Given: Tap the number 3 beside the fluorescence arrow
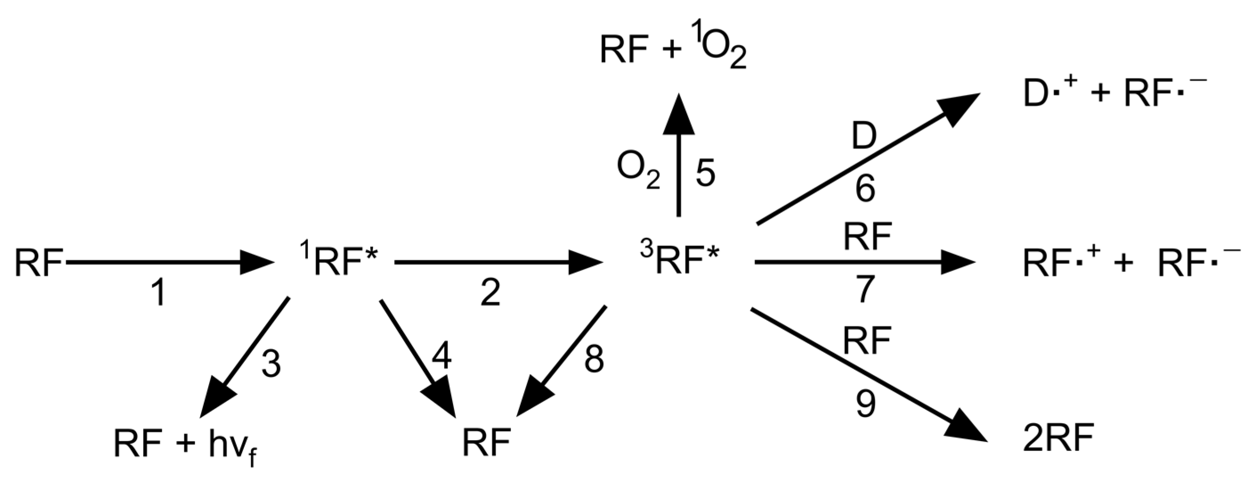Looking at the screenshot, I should coord(271,364).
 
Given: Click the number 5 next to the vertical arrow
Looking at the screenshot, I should coord(705,173).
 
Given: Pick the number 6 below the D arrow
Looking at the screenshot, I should coord(865,190).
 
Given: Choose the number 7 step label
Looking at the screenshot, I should coord(865,289).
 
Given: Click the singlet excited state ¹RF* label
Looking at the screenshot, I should coord(340,262).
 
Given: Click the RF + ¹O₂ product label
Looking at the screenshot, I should coord(673,52).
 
